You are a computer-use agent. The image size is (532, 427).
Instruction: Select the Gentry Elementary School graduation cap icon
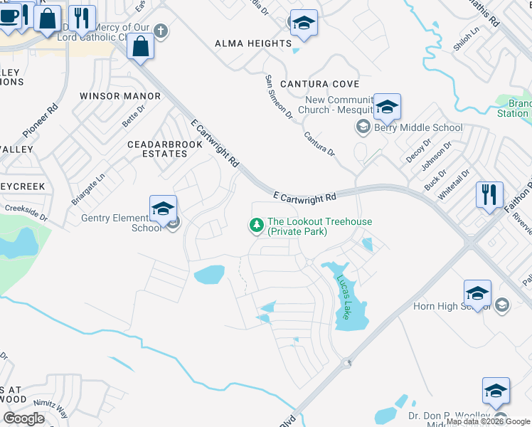(x=163, y=208)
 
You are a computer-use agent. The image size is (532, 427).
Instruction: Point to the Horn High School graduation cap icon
(x=477, y=292)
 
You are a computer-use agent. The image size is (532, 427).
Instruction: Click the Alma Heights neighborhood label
(x=253, y=43)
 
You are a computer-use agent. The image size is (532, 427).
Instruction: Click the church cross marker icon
(x=161, y=31)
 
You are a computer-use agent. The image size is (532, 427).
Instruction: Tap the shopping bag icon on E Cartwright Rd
(x=141, y=47)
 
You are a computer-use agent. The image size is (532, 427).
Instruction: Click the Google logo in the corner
(x=24, y=418)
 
